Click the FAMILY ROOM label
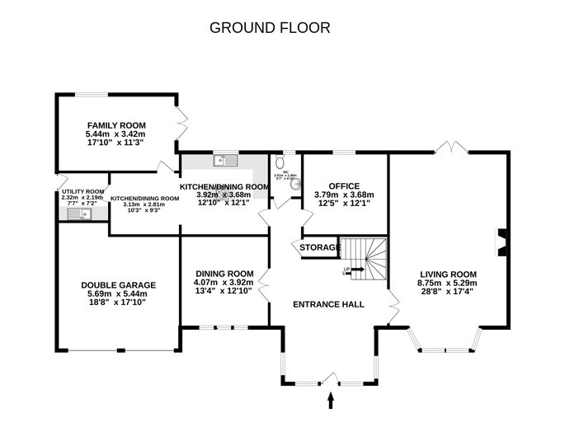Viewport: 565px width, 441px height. click(115, 124)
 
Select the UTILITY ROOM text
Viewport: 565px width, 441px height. click(82, 191)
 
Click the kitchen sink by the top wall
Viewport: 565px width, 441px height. click(224, 161)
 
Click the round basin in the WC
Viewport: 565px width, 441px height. click(294, 185)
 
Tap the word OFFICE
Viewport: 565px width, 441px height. click(344, 185)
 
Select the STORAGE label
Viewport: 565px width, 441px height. click(319, 247)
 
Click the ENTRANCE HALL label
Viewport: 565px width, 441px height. click(329, 304)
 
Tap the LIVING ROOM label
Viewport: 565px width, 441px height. click(449, 274)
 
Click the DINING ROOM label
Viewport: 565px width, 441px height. click(224, 274)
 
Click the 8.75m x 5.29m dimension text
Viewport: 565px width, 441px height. click(449, 284)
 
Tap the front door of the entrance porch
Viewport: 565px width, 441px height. click(330, 379)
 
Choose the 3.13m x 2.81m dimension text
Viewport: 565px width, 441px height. click(144, 204)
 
